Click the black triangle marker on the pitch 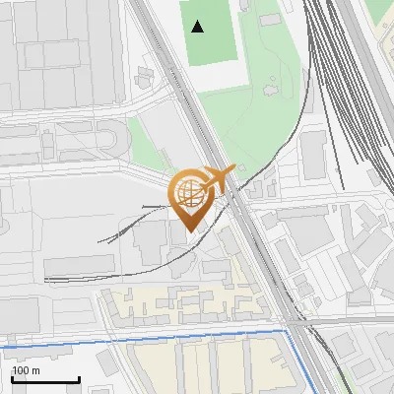198,27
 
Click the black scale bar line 45,380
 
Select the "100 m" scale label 27,370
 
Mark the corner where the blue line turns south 289,333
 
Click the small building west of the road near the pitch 147,75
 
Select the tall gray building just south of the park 313,153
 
